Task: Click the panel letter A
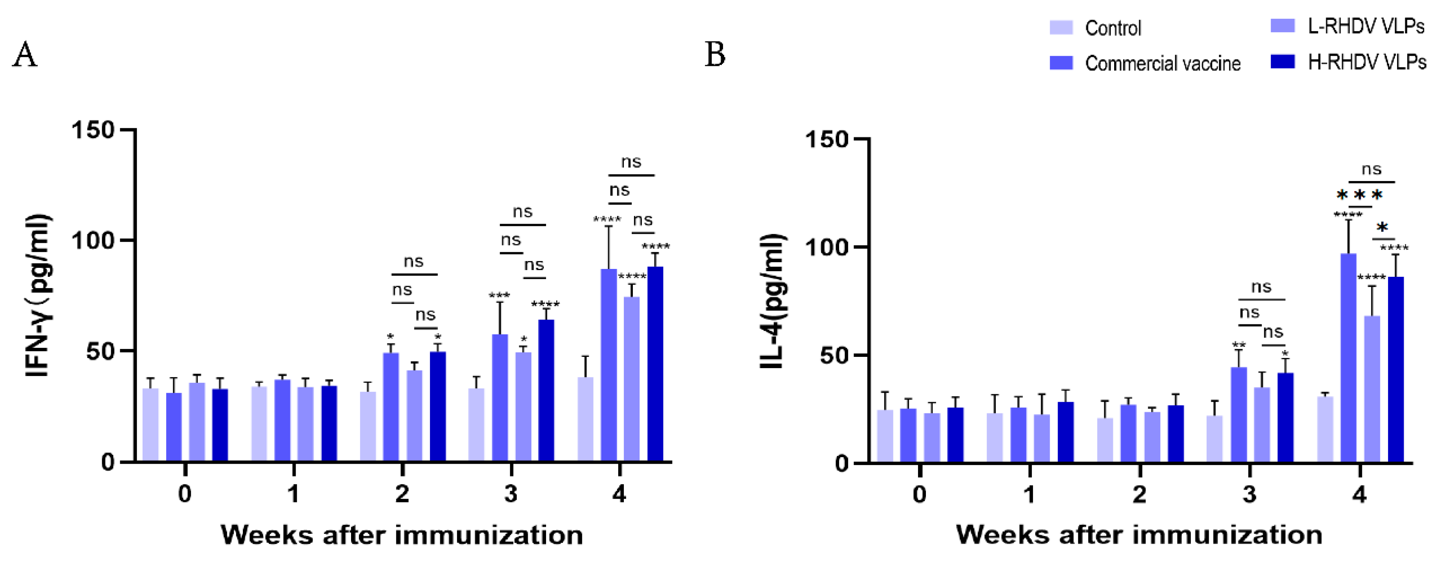[x=25, y=55]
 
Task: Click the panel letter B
[x=715, y=55]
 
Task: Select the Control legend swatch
[x=1061, y=27]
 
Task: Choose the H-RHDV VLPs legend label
[x=1366, y=62]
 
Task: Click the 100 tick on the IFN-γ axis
[x=93, y=241]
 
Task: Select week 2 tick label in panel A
[x=402, y=493]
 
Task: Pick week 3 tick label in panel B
[x=1249, y=495]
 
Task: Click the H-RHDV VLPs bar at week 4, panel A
[x=655, y=364]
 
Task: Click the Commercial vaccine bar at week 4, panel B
[x=1348, y=358]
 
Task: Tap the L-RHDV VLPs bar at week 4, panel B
[x=1372, y=389]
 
